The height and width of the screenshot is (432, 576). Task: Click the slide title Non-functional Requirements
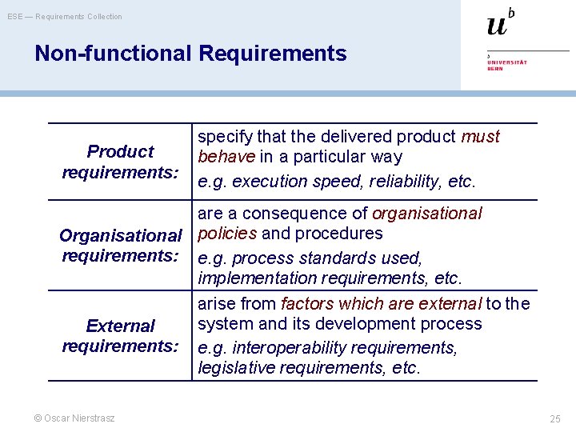190,54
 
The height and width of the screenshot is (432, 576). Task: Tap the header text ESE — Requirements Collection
65,16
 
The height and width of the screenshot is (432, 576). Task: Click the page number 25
554,418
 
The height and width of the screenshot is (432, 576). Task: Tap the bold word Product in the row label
120,152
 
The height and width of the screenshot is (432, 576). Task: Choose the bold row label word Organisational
121,236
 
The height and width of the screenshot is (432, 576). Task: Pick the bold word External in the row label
120,326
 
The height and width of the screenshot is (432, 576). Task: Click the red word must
480,137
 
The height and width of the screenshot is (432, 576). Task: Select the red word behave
226,157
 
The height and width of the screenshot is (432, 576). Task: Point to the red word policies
227,234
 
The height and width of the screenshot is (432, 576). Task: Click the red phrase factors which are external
382,304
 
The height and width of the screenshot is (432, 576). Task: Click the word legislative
233,368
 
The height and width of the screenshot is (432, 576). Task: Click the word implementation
252,278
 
